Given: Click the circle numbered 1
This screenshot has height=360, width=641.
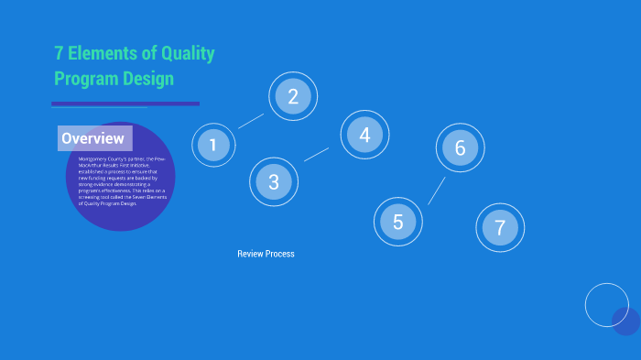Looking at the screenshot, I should [213, 145].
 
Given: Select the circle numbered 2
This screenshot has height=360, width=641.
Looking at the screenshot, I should [293, 96].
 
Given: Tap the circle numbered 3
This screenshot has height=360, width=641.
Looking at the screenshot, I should [273, 181].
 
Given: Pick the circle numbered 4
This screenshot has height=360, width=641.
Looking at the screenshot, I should [364, 135].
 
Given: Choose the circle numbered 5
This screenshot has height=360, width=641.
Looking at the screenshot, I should [397, 222].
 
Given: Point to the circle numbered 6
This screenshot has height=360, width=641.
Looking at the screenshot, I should [460, 147].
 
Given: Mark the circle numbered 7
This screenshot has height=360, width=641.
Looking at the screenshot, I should [500, 227].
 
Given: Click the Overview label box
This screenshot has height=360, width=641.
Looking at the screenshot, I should [94, 138].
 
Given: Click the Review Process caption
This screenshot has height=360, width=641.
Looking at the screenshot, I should [266, 254].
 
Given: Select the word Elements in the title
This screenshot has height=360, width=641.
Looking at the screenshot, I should [105, 54].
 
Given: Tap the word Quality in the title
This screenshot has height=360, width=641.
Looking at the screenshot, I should [187, 54].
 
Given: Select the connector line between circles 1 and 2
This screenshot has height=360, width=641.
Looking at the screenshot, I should [251, 121].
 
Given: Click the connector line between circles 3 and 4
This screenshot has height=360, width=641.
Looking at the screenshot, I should [316, 155].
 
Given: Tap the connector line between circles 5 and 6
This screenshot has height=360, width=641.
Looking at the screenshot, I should [437, 191].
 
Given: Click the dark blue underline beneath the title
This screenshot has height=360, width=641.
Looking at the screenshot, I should [125, 104].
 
